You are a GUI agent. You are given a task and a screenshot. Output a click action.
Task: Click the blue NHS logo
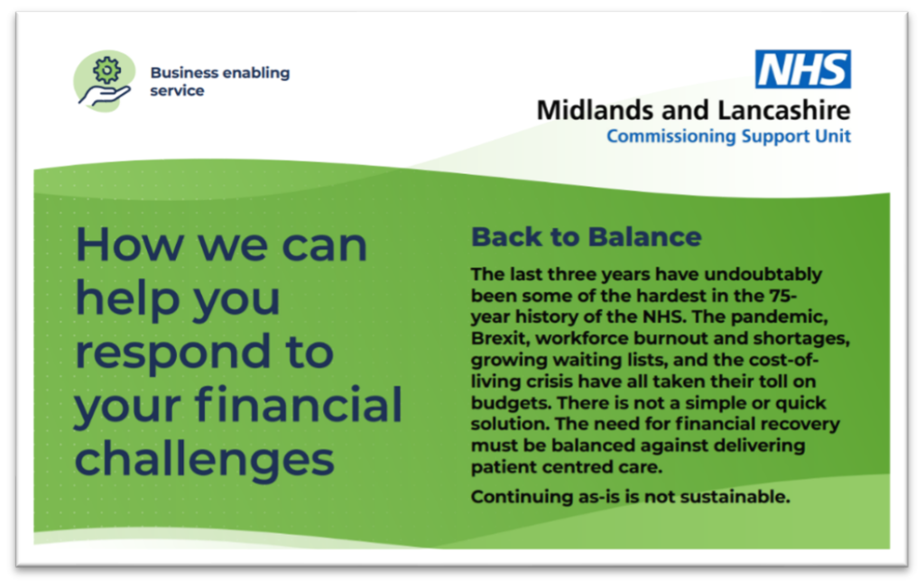click(802, 69)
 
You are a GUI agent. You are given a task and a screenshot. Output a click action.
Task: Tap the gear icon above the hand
click(106, 70)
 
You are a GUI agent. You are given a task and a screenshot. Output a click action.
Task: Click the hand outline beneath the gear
click(105, 96)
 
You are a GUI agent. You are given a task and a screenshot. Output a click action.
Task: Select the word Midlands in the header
click(596, 110)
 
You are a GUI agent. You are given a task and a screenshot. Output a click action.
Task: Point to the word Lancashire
click(784, 110)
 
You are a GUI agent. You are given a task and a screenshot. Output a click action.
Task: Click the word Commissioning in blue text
click(671, 136)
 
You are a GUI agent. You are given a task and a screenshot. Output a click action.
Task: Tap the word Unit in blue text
click(833, 135)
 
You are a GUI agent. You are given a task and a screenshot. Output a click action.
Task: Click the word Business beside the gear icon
click(184, 72)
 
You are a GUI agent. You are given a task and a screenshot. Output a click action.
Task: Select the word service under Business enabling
click(177, 91)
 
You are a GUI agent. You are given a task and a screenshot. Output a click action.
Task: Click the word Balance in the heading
click(644, 237)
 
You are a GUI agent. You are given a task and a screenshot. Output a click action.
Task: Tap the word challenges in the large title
click(205, 458)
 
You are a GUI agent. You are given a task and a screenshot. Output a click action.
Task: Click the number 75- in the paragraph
click(783, 295)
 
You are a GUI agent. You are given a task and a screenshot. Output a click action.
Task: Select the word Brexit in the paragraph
click(500, 338)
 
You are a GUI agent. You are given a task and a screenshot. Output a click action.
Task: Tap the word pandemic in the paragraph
click(780, 317)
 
